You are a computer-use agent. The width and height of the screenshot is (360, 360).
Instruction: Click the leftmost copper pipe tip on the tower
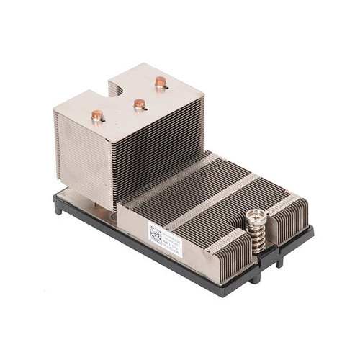(x=96, y=114)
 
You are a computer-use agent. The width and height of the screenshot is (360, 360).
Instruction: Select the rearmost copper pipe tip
(x=158, y=82)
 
